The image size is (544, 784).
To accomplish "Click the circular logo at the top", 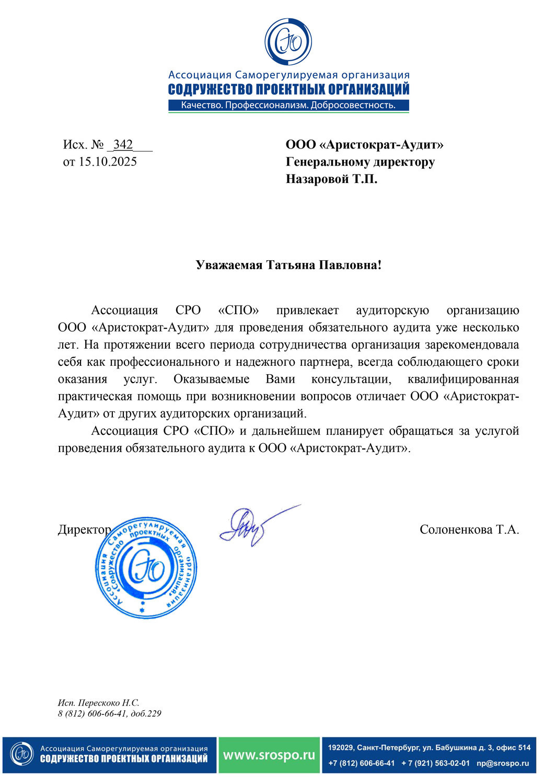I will coord(288,42).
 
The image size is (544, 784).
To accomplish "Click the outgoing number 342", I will coord(123,145).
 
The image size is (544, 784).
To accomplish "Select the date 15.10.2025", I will coord(108,162).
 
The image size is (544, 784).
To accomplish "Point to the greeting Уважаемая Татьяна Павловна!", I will coord(288,265).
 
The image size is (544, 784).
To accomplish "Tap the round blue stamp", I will coord(146,569).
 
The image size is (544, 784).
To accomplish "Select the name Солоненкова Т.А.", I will coord(469,530).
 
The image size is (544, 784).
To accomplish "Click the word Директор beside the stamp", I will coord(84,530).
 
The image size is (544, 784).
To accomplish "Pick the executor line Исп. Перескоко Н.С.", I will coord(99,703).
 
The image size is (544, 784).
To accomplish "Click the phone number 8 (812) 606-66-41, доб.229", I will coord(110,713).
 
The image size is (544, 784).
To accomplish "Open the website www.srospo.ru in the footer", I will coord(269,755).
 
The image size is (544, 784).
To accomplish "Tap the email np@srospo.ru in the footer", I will coord(502,763).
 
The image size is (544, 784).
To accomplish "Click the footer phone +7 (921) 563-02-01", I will coord(435,763).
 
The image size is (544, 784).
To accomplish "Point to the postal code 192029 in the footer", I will coord(340,748).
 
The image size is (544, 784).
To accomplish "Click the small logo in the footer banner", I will coord(22,755).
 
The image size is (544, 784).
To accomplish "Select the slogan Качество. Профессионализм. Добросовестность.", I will coord(288,106).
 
